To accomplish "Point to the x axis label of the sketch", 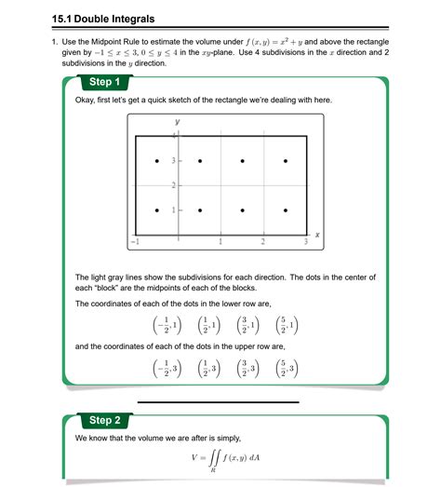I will [x=317, y=236].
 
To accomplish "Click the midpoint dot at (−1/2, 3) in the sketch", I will [x=157, y=162].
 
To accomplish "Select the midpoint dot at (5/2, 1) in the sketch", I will [x=285, y=210].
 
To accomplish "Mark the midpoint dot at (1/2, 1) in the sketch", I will [x=199, y=210].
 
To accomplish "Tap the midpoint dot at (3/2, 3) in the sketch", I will [x=242, y=162].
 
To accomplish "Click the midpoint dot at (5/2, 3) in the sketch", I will [x=285, y=162].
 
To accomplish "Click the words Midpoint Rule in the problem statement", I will [x=122, y=43].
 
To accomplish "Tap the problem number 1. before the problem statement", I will [x=55, y=43].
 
